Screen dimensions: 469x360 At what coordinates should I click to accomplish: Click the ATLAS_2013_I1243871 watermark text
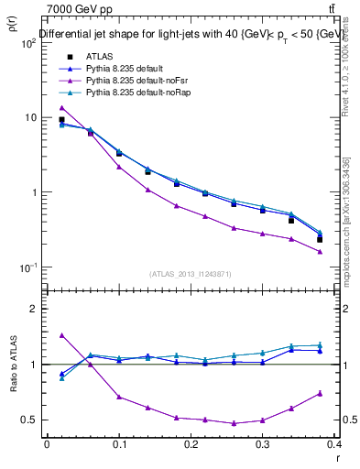pyautogui.click(x=190, y=274)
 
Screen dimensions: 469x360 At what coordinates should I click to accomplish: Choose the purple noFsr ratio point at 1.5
pyautogui.click(x=61, y=335)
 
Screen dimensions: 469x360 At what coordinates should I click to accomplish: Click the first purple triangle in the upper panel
pyautogui.click(x=61, y=107)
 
